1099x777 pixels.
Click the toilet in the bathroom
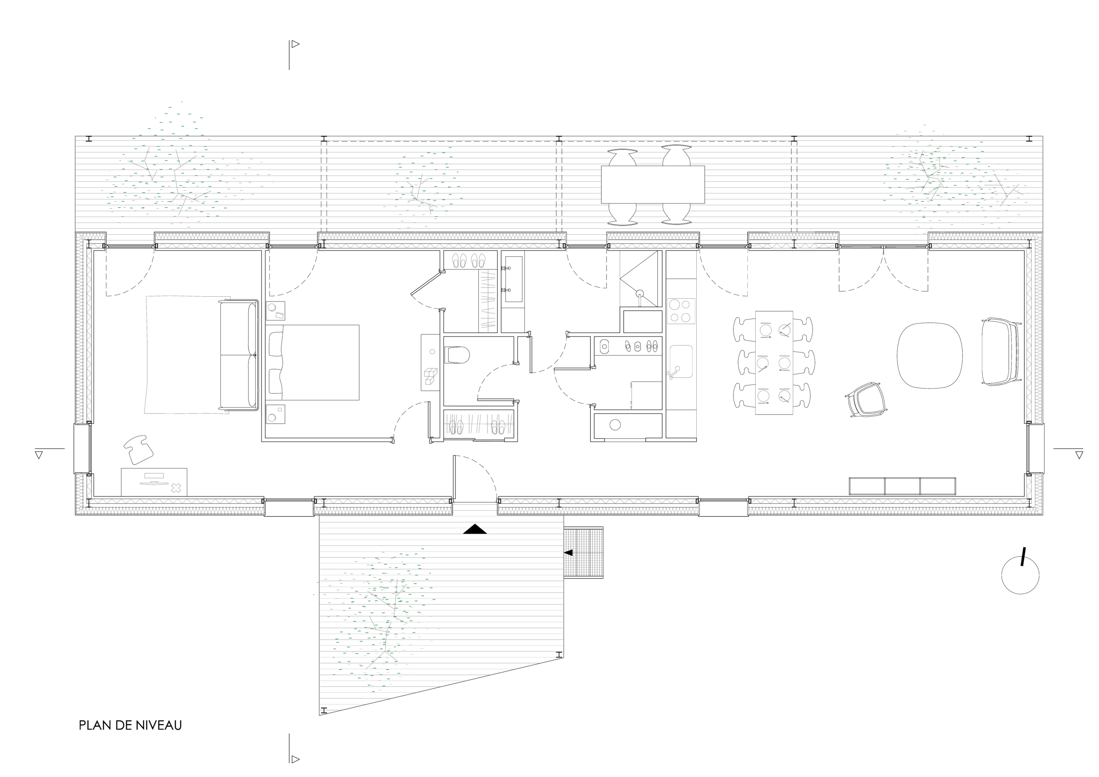tap(457, 356)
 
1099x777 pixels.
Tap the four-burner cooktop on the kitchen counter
tap(681, 311)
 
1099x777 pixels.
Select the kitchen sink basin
tap(681, 361)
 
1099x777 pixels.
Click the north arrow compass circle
tap(1020, 575)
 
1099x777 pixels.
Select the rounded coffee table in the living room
tap(929, 355)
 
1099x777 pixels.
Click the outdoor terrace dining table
tap(652, 184)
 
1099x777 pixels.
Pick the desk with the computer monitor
tap(154, 482)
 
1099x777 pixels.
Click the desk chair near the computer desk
tap(138, 449)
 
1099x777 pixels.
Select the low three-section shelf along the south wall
tap(902, 486)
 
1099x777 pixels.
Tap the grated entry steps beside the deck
tap(583, 552)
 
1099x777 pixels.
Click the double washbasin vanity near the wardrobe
tap(513, 279)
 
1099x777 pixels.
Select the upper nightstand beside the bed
tap(276, 311)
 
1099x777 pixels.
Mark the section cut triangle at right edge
tap(1079, 455)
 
